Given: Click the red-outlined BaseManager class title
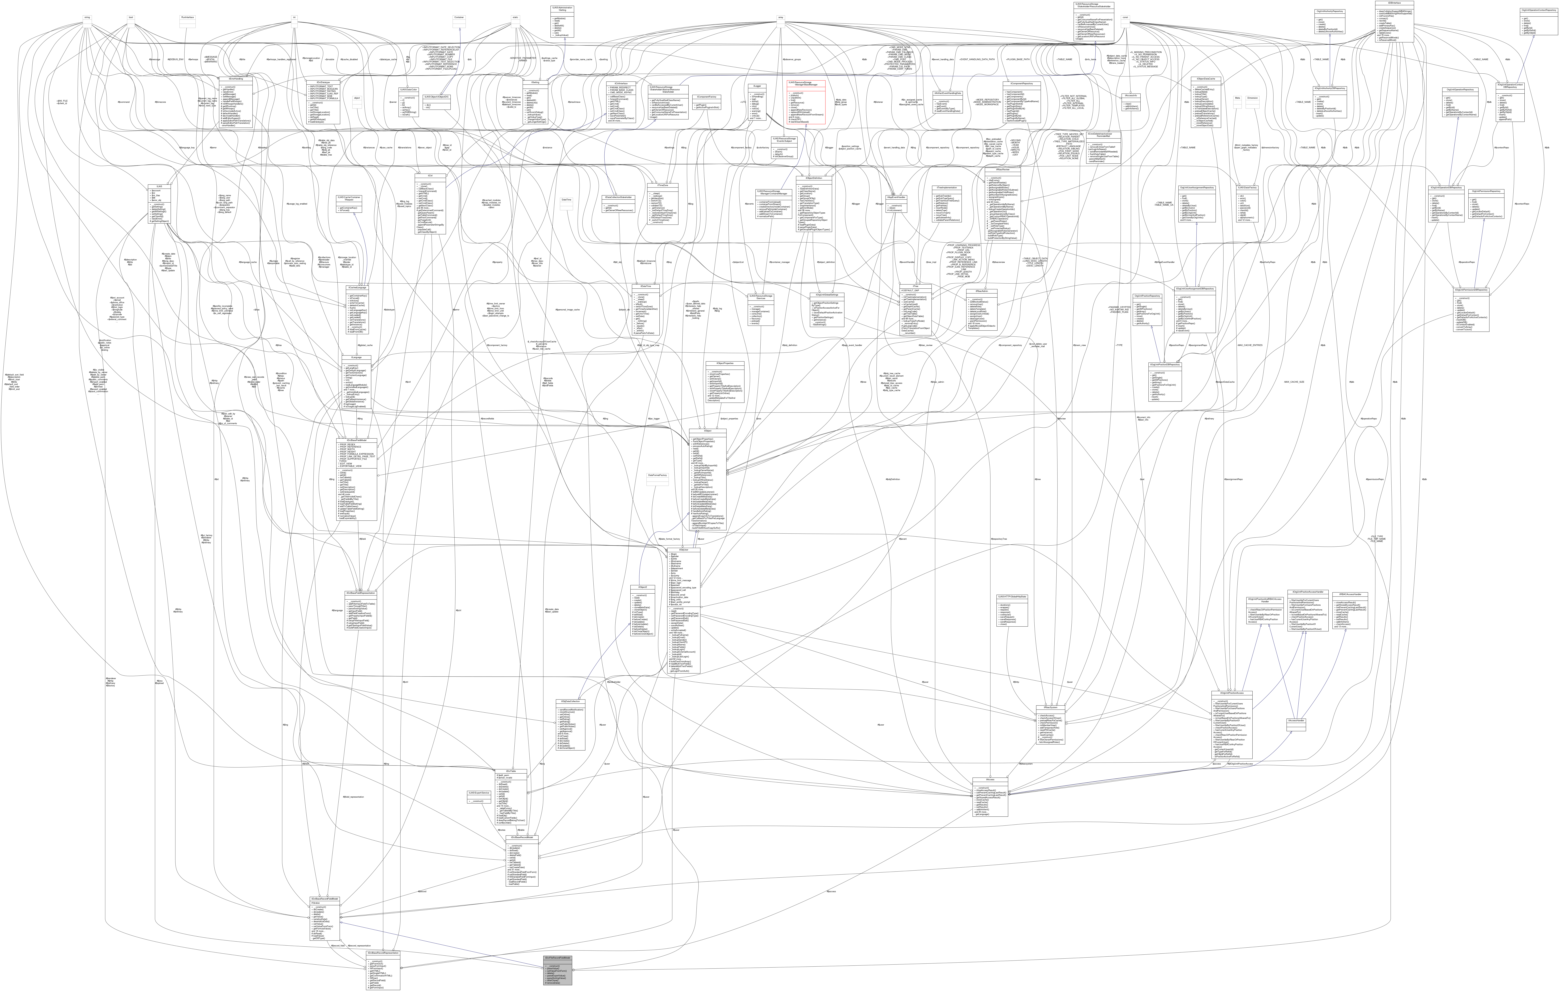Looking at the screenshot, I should click(805, 83).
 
